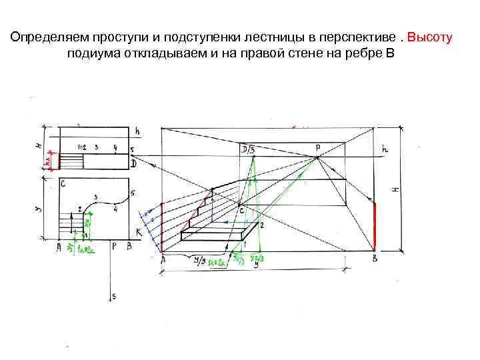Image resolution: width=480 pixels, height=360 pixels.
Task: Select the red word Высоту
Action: [429, 37]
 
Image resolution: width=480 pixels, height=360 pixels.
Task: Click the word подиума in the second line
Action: [89, 54]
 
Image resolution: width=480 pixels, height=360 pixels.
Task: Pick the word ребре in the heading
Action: [360, 54]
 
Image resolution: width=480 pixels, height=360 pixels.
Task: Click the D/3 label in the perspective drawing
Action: [247, 149]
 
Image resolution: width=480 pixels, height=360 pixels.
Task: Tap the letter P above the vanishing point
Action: [317, 147]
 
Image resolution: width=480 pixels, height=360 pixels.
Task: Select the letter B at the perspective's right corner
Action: [375, 259]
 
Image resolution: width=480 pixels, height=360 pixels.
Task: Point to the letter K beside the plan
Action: [139, 232]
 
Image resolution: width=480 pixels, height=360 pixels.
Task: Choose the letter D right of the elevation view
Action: [133, 163]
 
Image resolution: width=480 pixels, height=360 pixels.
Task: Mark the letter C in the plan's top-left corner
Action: [62, 183]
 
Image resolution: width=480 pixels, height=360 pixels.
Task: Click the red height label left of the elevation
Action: [48, 161]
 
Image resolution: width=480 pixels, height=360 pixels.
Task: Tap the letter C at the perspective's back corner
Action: [241, 211]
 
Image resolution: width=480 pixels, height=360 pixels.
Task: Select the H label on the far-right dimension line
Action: [395, 189]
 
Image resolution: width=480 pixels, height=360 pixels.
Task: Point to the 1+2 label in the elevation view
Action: [83, 147]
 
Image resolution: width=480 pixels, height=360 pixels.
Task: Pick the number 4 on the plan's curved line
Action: [115, 209]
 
